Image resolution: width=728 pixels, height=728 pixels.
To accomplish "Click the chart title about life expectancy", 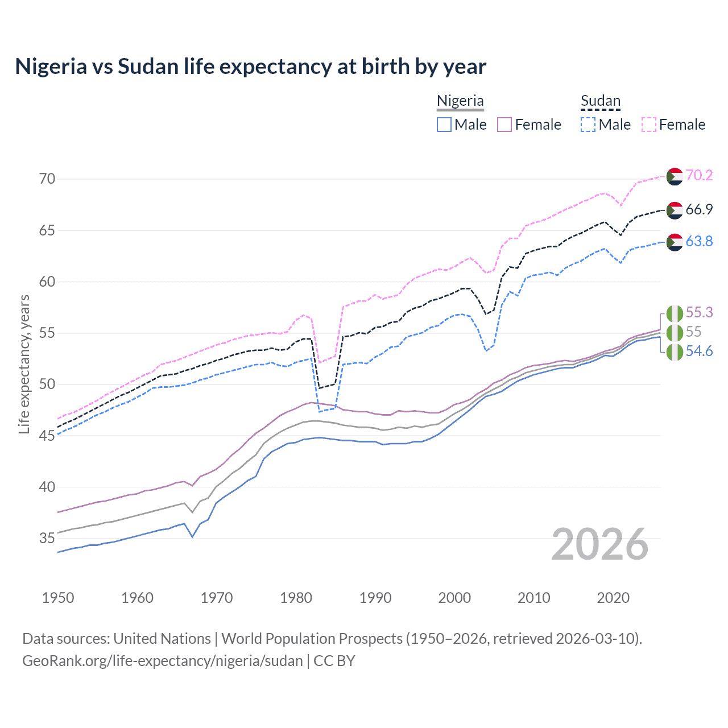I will click(250, 67).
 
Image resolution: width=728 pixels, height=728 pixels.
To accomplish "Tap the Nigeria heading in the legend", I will click(460, 101).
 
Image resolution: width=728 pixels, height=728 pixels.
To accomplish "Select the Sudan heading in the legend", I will click(600, 101).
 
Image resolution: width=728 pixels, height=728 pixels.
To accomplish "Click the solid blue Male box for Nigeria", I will click(444, 125).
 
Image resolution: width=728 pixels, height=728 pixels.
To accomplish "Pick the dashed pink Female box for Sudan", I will click(649, 125).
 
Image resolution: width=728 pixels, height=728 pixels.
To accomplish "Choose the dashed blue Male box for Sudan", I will click(588, 125).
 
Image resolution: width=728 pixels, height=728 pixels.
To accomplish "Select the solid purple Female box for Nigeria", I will click(504, 125).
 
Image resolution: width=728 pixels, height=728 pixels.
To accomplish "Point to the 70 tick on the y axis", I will click(47, 179).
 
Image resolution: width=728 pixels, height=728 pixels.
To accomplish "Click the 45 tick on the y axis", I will click(47, 436).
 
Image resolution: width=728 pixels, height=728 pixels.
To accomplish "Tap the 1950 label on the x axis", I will click(58, 598).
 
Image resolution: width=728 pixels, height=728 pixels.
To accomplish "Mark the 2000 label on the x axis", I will click(454, 598).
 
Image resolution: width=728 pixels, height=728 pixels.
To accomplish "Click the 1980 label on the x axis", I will click(296, 598).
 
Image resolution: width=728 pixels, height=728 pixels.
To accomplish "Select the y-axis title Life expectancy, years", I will click(24, 364).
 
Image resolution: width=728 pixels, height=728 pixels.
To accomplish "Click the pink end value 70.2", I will click(699, 175).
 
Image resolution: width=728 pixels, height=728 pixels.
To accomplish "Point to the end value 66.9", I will click(699, 209).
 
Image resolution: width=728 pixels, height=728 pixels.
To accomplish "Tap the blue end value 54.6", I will click(699, 351).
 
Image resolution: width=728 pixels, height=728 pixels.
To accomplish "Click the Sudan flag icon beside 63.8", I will click(675, 242).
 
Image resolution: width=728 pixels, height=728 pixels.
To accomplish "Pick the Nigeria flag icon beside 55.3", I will click(675, 313).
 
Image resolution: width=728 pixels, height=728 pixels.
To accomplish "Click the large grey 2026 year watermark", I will click(600, 544).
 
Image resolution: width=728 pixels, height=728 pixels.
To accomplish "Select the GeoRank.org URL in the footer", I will click(163, 661).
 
